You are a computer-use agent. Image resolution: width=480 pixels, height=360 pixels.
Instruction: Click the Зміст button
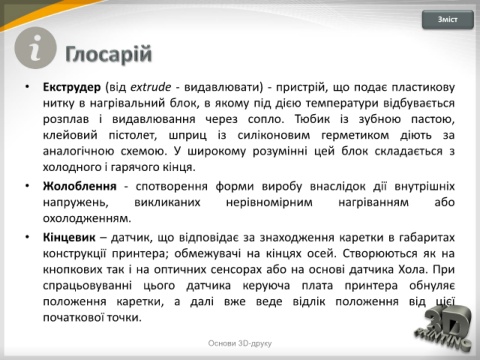[x=448, y=20]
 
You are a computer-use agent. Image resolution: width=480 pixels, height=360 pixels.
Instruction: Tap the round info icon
[x=35, y=48]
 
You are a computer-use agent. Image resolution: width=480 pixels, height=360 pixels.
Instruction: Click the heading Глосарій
[x=109, y=54]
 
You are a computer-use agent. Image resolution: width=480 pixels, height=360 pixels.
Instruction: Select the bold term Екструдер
[x=72, y=87]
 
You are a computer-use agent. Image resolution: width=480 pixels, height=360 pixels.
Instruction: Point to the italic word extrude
[x=151, y=87]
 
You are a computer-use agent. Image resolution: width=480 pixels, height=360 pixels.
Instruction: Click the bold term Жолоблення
[x=80, y=186]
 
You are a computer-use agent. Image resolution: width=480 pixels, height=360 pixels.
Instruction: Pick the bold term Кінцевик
[x=69, y=238]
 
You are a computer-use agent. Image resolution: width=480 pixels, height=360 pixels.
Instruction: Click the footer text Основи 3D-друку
[x=240, y=343]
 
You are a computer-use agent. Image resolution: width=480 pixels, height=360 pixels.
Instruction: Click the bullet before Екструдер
[x=27, y=87]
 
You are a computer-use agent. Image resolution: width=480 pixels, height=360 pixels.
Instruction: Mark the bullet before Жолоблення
[x=27, y=186]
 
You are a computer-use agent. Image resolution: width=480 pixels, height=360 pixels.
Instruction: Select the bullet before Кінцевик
[x=27, y=238]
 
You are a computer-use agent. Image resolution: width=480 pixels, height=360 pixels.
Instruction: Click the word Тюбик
[x=312, y=119]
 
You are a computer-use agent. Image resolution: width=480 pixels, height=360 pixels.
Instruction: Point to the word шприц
[x=187, y=135]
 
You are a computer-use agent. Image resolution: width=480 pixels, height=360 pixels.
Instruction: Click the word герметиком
[x=355, y=135]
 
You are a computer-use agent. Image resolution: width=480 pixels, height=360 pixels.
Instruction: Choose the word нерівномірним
[x=269, y=202]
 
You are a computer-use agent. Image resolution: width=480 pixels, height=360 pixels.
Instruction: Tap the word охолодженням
[x=87, y=219]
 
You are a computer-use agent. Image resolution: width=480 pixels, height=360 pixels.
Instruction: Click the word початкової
[x=73, y=317]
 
